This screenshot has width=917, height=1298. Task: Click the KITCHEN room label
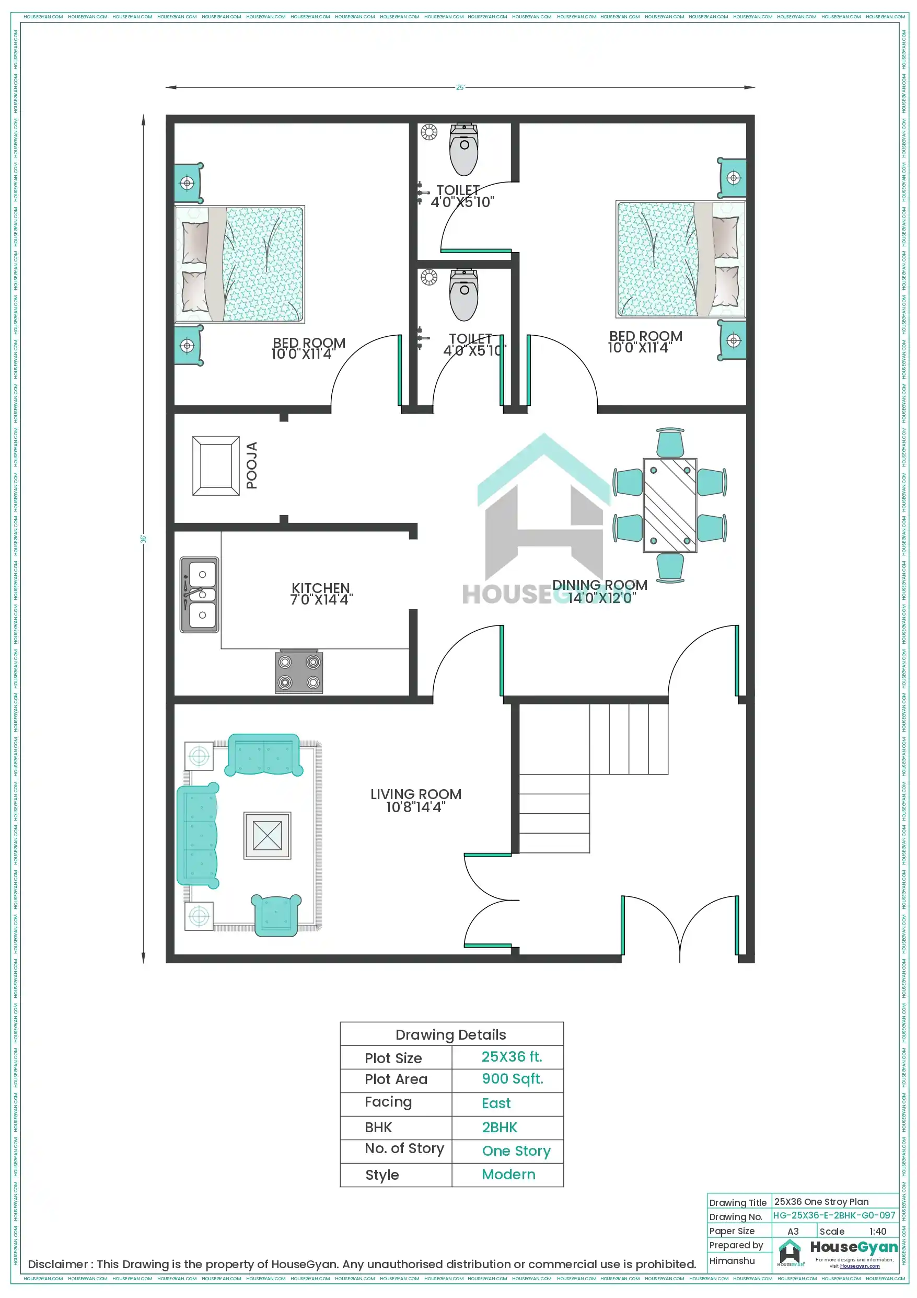320,594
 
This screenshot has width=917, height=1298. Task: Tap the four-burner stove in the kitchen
299,671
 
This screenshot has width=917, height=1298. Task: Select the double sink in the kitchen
200,594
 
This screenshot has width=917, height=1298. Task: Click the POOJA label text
252,465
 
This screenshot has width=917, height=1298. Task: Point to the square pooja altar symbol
216,466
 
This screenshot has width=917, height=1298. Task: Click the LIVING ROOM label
416,801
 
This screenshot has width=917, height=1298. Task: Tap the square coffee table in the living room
267,835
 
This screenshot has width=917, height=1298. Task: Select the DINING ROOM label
599,591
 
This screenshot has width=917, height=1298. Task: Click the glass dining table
669,505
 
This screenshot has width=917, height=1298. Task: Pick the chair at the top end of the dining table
670,442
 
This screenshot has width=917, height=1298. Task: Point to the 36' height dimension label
144,539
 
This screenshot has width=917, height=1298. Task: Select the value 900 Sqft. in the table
512,1079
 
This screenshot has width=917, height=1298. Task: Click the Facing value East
496,1103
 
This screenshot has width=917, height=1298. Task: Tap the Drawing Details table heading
450,1034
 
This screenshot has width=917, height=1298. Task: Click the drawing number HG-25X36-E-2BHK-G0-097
834,1215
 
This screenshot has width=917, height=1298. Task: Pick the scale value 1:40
877,1231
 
